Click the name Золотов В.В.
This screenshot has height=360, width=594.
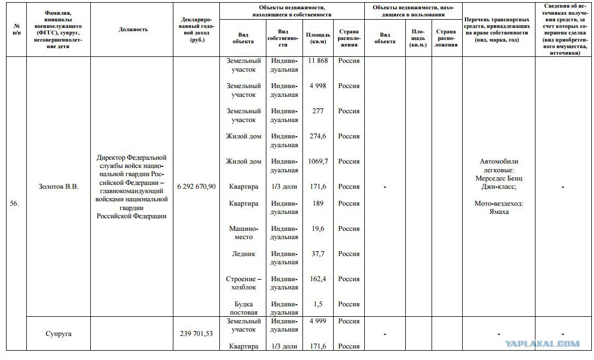pyautogui.click(x=59, y=187)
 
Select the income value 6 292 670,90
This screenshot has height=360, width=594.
pyautogui.click(x=196, y=187)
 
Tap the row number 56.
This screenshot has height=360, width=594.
pyautogui.click(x=15, y=204)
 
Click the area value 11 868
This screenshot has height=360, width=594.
pyautogui.click(x=318, y=61)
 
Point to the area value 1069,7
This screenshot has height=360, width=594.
pyautogui.click(x=318, y=161)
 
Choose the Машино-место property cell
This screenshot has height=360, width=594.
pyautogui.click(x=243, y=233)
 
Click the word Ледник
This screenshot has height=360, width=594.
pyautogui.click(x=243, y=254)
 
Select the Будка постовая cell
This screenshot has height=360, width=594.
pyautogui.click(x=243, y=308)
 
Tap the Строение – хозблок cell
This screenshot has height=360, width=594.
pyautogui.click(x=243, y=283)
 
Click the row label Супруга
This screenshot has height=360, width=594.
pyautogui.click(x=59, y=333)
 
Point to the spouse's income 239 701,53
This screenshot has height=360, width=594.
pyautogui.click(x=196, y=333)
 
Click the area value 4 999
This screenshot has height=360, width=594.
pyautogui.click(x=318, y=321)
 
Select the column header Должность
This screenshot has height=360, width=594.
pyautogui.click(x=133, y=30)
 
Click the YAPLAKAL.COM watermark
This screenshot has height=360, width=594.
pyautogui.click(x=542, y=344)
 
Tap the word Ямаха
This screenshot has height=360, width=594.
pyautogui.click(x=498, y=212)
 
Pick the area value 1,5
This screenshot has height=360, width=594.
pyautogui.click(x=318, y=304)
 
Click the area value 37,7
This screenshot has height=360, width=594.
pyautogui.click(x=318, y=254)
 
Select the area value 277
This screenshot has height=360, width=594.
pyautogui.click(x=318, y=111)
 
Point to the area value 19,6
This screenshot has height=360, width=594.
pyautogui.click(x=318, y=229)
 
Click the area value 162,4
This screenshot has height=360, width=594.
pyautogui.click(x=318, y=279)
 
